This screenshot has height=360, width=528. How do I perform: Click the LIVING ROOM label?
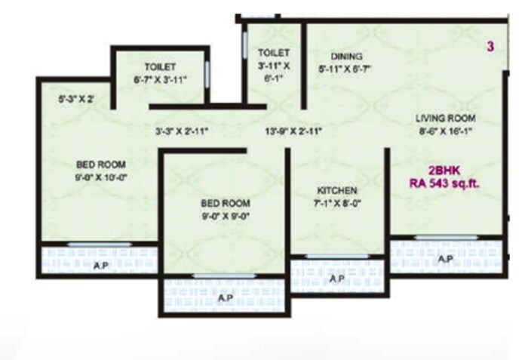445,118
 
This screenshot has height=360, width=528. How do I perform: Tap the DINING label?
347,56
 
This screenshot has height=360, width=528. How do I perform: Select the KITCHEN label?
337,190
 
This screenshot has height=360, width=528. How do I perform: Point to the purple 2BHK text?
444,170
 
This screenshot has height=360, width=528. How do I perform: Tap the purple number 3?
490,47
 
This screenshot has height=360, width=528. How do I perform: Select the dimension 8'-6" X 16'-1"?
445,131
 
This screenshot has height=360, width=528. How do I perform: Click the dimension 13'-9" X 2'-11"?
293,131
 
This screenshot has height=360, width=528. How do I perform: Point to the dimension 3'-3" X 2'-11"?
182,131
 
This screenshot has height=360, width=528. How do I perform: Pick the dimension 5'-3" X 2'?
78,98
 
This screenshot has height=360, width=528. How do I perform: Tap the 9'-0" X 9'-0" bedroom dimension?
224,216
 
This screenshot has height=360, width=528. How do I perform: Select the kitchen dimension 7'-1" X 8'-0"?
337,203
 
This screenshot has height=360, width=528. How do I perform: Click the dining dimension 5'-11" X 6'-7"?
347,69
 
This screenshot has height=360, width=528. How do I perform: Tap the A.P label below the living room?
445,259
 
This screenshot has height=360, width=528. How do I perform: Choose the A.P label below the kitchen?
337,278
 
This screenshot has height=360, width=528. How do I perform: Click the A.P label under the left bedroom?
100,266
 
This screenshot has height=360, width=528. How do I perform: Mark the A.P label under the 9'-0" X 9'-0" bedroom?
225,298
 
